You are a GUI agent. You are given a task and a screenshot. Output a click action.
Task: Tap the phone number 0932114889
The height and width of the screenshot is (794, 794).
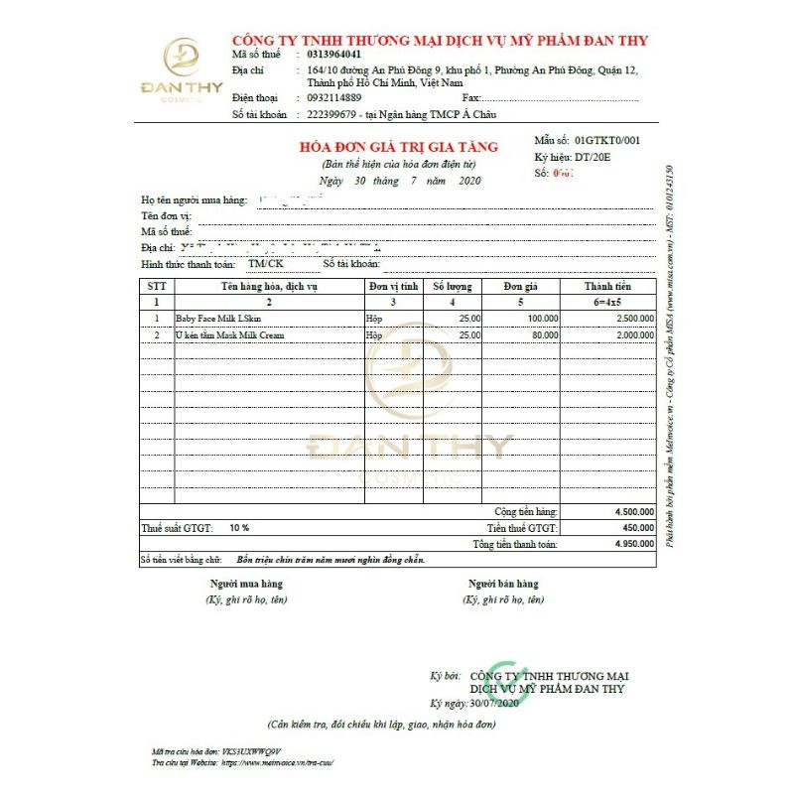[x=334, y=97]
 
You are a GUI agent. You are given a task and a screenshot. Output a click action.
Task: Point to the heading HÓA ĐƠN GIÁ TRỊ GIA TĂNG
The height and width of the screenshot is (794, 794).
[x=399, y=147]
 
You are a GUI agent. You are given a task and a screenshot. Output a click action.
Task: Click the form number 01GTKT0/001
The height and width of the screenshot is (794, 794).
[x=607, y=141]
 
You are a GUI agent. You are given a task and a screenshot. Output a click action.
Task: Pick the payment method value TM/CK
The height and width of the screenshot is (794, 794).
[x=265, y=264]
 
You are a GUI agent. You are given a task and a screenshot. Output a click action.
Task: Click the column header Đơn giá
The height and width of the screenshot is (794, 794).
[x=519, y=286]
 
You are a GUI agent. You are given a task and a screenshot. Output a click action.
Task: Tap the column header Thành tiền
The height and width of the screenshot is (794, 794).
[x=606, y=286]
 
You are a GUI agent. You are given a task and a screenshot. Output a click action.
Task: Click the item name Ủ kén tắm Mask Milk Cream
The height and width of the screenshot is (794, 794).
[x=230, y=335]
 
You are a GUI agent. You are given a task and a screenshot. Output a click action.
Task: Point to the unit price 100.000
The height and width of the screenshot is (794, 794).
[x=543, y=319]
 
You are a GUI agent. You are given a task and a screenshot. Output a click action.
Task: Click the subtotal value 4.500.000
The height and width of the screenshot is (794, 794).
[x=633, y=512]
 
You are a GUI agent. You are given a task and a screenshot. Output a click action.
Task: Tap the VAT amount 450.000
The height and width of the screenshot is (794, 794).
[x=637, y=528]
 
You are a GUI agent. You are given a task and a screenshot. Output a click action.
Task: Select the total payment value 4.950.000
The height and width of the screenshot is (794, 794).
[x=633, y=544]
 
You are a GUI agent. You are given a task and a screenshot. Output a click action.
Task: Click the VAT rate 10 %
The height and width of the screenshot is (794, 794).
[x=239, y=528]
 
